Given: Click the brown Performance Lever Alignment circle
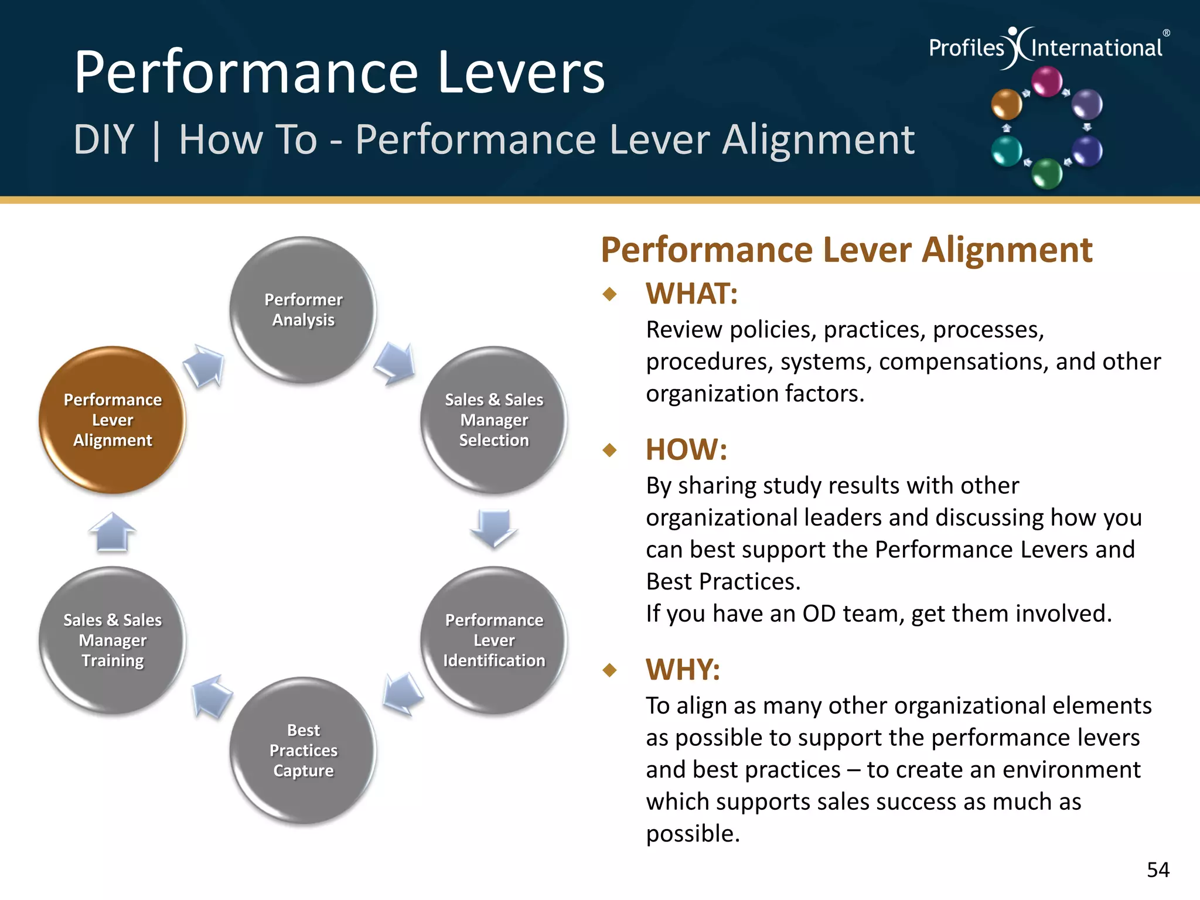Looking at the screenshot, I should click(112, 420).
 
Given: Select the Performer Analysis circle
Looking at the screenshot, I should click(303, 309).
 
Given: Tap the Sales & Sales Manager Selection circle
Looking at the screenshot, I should click(493, 420).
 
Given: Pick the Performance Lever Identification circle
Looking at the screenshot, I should click(493, 640).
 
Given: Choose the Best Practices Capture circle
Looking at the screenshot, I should click(303, 750).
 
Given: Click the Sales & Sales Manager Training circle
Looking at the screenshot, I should click(112, 640).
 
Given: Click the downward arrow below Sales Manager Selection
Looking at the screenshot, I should click(493, 527).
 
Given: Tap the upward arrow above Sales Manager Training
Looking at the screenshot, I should click(112, 532).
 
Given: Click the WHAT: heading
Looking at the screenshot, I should click(691, 294).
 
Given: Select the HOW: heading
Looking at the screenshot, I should click(686, 450).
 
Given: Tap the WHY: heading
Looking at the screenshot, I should click(683, 669).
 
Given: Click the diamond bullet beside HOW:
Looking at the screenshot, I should click(610, 450).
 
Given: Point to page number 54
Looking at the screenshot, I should click(1158, 870).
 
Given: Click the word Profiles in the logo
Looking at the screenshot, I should click(966, 48).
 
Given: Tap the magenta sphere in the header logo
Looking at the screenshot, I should click(1046, 81).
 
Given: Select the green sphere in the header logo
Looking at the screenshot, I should click(1046, 173).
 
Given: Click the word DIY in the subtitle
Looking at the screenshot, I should click(104, 140).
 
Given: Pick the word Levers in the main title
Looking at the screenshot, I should click(521, 73).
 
